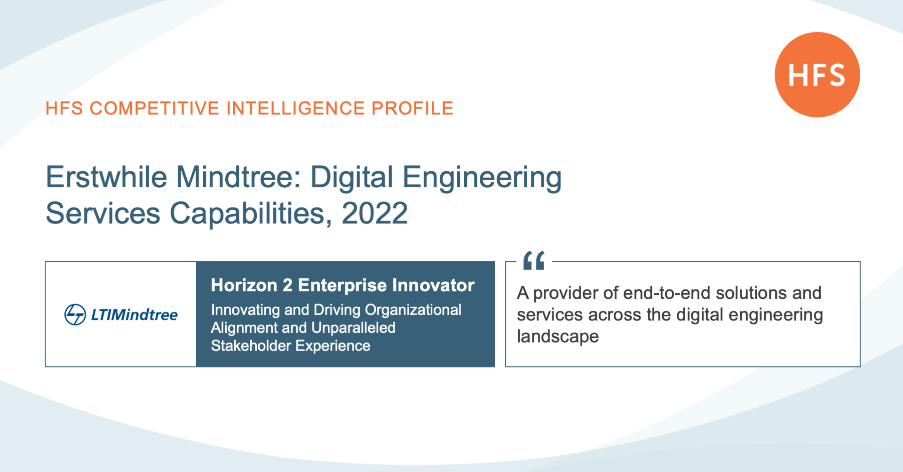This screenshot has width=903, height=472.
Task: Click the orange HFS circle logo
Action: pos(817,75)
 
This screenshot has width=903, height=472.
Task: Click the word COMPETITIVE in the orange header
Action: pos(155,108)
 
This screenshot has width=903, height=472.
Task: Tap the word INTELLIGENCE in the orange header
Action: pos(296,108)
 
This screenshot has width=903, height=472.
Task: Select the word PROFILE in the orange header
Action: pos(412,108)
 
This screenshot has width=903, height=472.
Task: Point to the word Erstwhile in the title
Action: pos(106,177)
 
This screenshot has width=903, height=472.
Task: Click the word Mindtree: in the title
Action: pos(239,177)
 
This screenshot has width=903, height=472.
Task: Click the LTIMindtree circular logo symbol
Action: pos(75,314)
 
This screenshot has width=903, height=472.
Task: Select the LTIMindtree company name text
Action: pos(135,314)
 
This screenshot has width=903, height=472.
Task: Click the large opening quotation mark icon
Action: pos(534,260)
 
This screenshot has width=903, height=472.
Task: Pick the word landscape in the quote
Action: pos(558,337)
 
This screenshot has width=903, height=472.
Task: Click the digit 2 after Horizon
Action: pos(287,285)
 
